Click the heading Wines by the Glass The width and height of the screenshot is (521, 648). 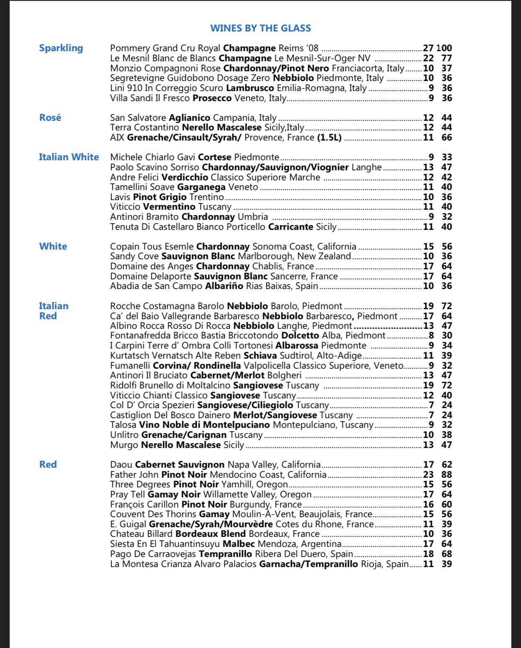[260, 28]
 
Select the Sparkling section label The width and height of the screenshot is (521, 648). [61, 48]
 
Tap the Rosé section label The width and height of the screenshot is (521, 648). [50, 117]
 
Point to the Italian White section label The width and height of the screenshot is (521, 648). [69, 157]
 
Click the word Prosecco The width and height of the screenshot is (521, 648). [212, 98]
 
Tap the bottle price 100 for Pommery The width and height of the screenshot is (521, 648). [444, 48]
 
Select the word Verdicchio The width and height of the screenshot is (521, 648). [185, 177]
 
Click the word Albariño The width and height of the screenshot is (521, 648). [224, 286]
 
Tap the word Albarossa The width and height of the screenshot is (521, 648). [297, 346]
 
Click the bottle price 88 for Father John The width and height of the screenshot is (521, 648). [447, 475]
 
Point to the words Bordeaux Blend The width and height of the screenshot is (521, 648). [211, 534]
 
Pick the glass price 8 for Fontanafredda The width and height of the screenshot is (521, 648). [431, 336]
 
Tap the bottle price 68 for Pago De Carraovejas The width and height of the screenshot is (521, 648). [447, 554]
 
